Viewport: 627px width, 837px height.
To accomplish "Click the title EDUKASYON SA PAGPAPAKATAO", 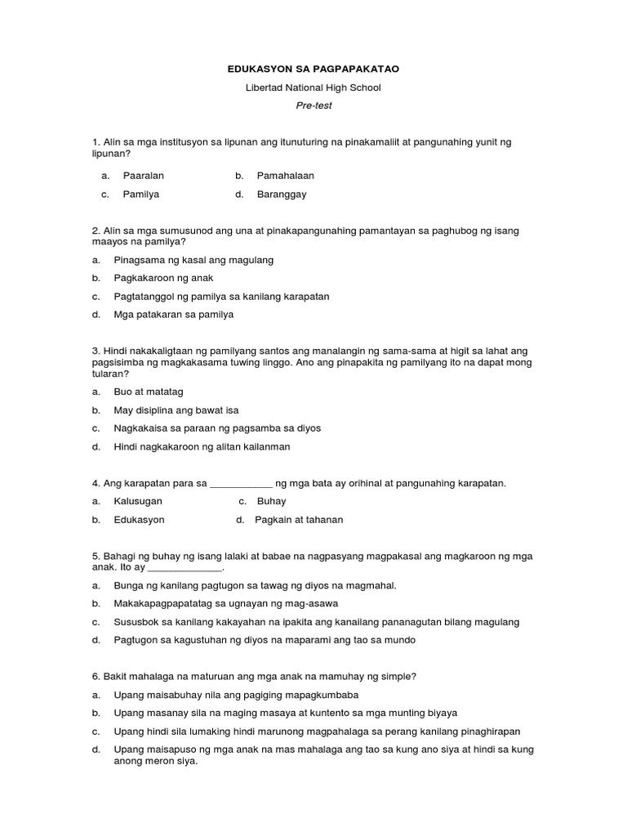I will coord(313,70).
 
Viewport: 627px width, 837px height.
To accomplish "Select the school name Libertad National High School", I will coord(313,88).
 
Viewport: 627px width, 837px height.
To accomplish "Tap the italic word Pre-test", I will coord(313,105).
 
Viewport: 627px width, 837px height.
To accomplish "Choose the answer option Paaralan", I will coord(143,176).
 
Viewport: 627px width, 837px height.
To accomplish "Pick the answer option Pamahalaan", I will coord(285,176).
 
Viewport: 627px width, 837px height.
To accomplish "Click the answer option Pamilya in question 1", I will coord(140,195).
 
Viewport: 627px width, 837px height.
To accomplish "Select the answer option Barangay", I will coord(282,195).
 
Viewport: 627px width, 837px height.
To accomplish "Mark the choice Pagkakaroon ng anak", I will coord(163,278).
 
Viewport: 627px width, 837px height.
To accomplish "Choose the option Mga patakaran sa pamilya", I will coord(173,314).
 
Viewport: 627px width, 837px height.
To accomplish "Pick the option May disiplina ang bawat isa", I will coord(176,410).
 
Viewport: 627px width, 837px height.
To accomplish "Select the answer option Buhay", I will coord(271,501).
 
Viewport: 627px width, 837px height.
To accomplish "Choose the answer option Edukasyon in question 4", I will coord(139,520).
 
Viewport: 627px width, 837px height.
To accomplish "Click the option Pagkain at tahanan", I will coord(299,520).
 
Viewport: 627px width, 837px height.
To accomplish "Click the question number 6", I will coord(96,677).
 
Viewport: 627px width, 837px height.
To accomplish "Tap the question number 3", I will coord(96,351).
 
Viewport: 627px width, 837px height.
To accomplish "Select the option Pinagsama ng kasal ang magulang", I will coord(193,260).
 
